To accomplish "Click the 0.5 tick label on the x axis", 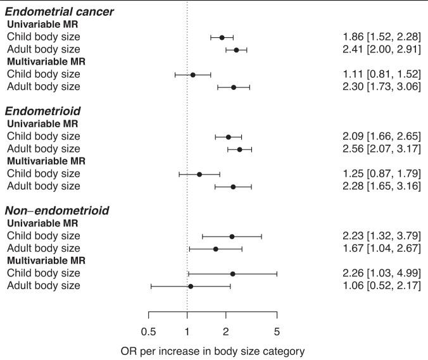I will click(x=148, y=331).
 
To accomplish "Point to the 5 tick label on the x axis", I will click(x=277, y=331).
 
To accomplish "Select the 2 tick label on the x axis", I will click(x=226, y=331).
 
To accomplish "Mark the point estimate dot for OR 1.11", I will click(x=192, y=75).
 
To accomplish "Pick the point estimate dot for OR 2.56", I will click(x=239, y=149).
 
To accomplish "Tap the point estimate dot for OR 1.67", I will click(x=216, y=249).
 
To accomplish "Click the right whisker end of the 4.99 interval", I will click(x=277, y=274).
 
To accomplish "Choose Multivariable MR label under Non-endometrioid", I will click(x=46, y=261).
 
